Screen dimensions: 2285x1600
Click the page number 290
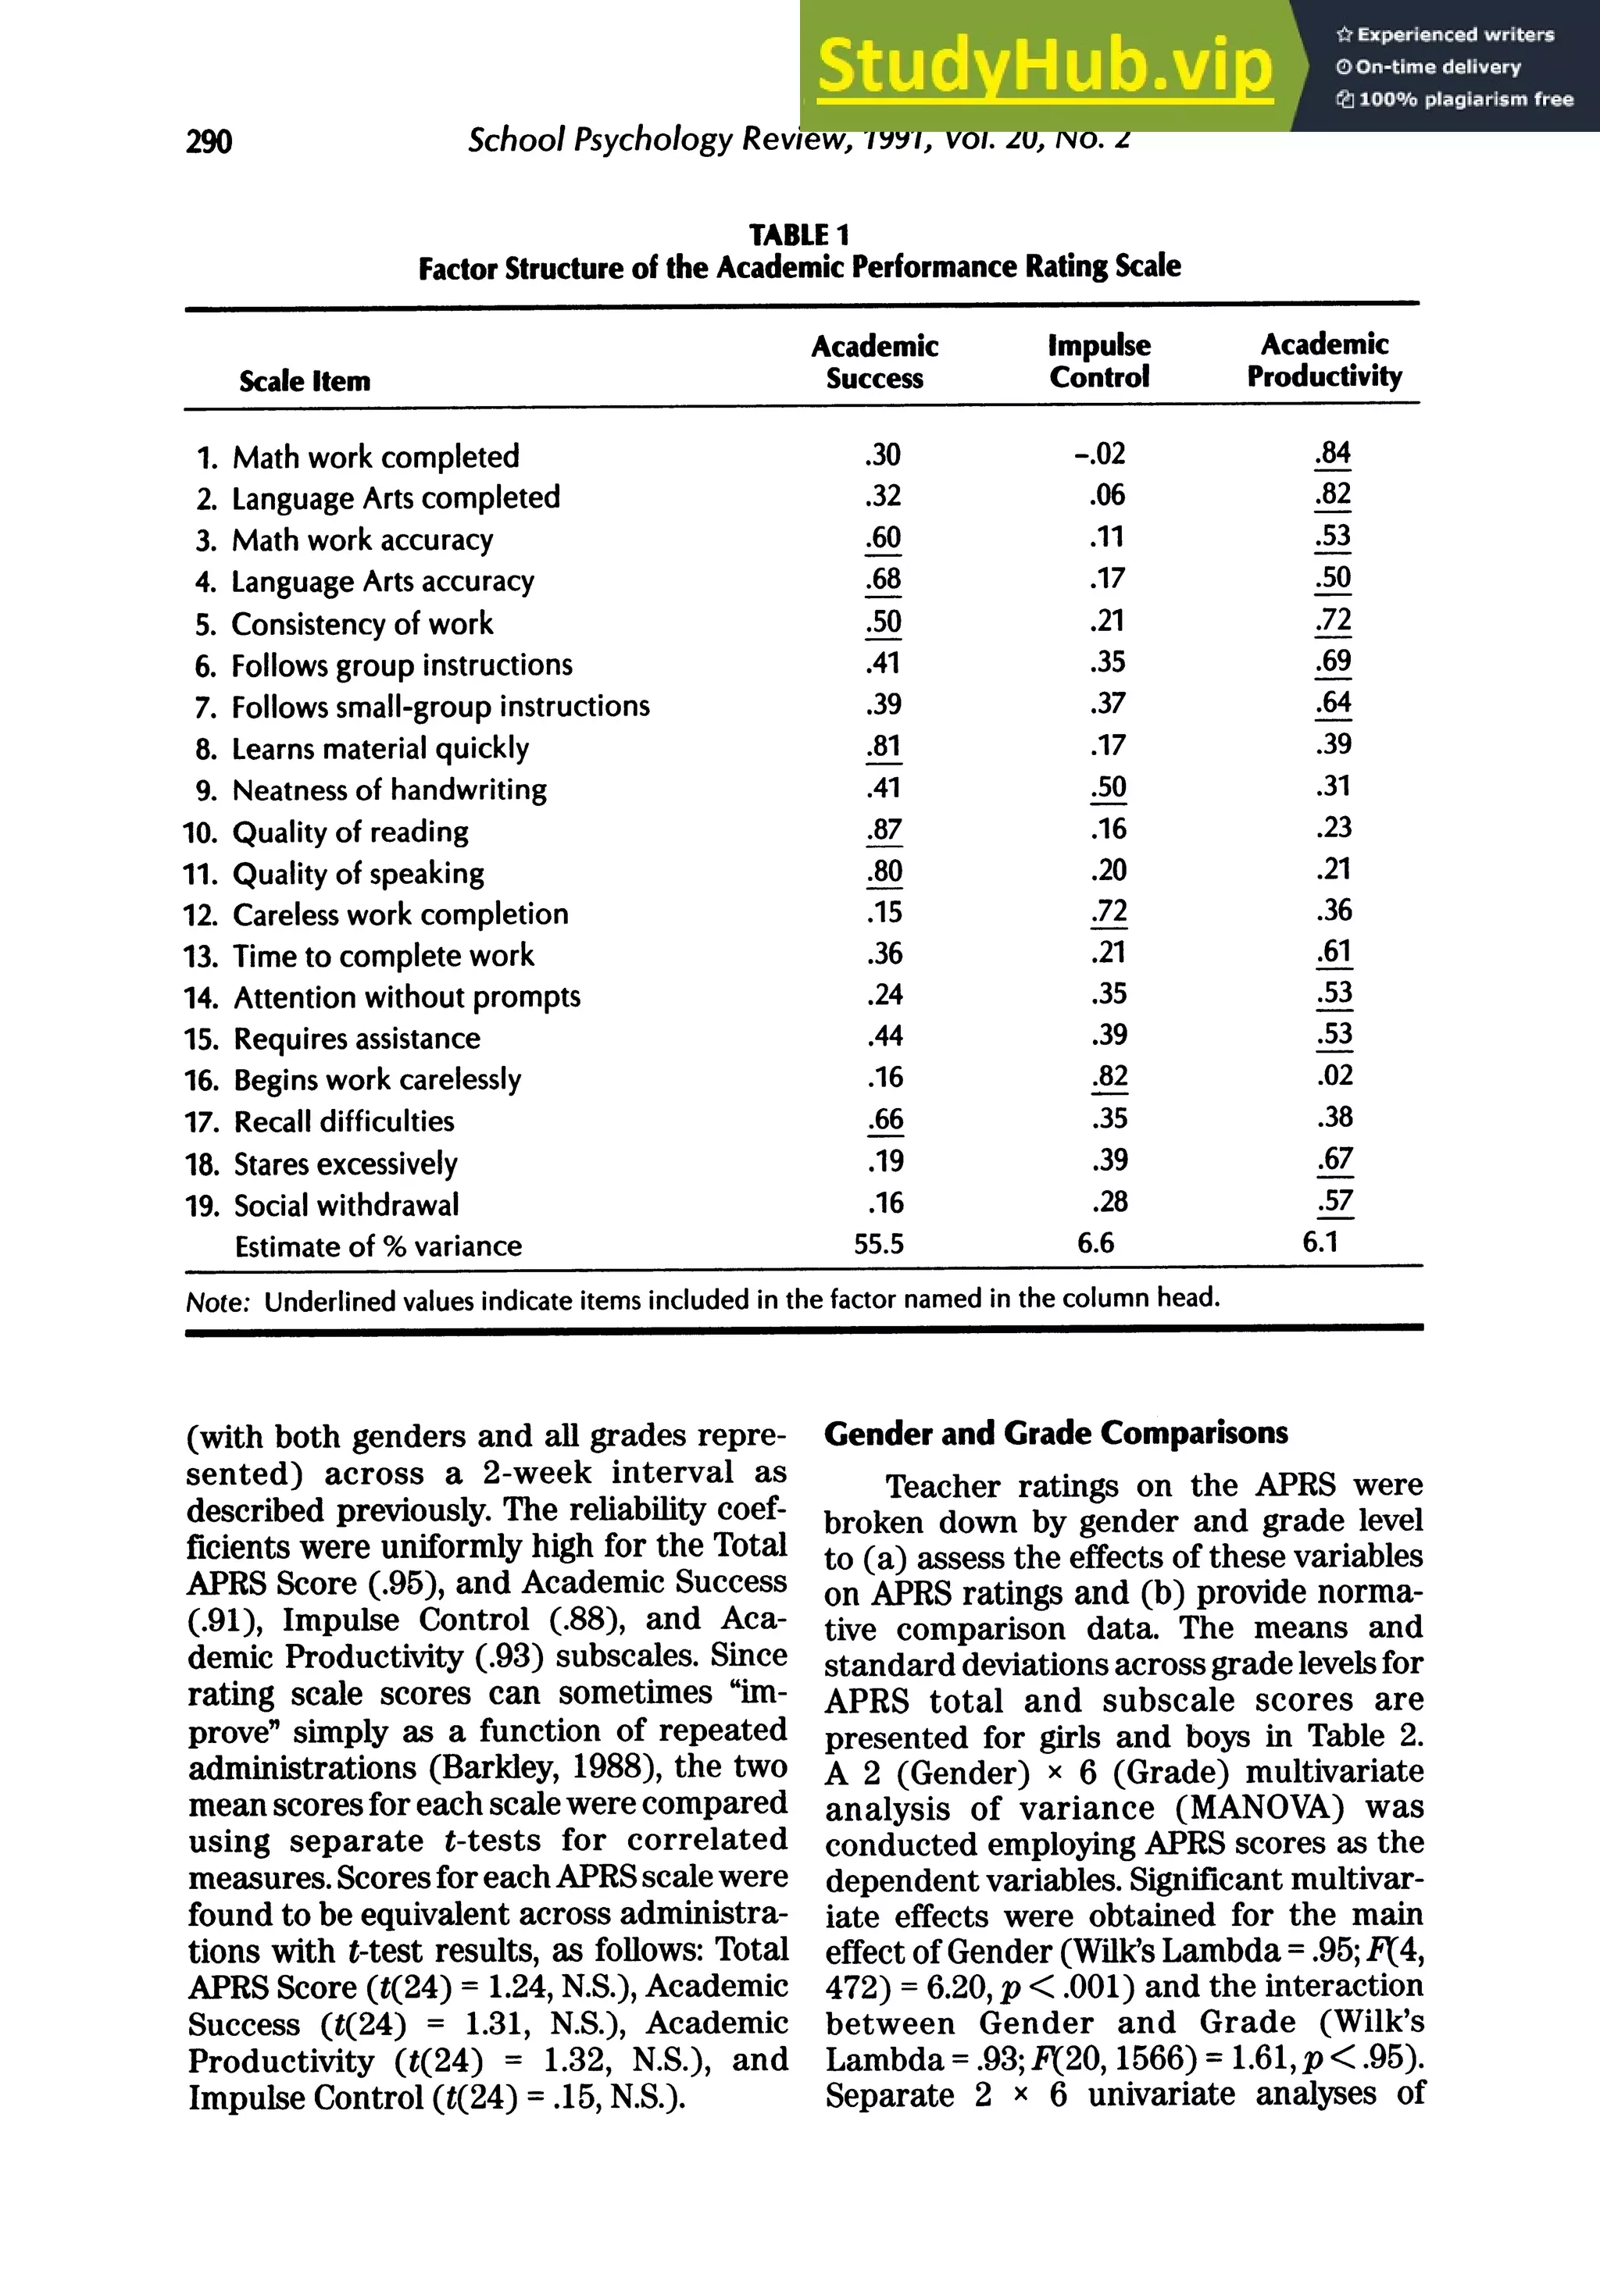click(x=209, y=142)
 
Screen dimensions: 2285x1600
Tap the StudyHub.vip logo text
click(x=1045, y=66)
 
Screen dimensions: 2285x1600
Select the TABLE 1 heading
click(x=798, y=235)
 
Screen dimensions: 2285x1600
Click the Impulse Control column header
click(x=1099, y=362)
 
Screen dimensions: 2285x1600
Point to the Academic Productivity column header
click(x=1324, y=360)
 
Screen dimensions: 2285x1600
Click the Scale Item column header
click(x=305, y=381)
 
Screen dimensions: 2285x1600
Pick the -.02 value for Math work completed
click(x=1099, y=455)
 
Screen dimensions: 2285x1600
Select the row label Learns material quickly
click(x=380, y=748)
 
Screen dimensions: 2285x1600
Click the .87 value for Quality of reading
click(x=884, y=830)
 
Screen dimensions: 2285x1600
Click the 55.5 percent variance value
click(x=878, y=1244)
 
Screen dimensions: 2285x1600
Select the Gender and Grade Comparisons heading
click(x=1055, y=1433)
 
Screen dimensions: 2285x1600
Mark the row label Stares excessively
click(x=345, y=1164)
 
